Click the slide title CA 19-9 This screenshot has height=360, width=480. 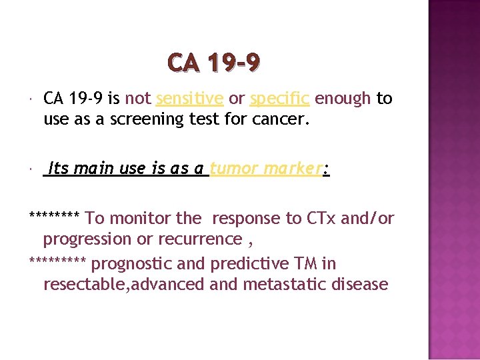pyautogui.click(x=214, y=63)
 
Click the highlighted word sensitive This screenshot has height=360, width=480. pyautogui.click(x=189, y=99)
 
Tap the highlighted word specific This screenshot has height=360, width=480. pyautogui.click(x=279, y=99)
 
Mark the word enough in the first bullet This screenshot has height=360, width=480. pyautogui.click(x=343, y=99)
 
